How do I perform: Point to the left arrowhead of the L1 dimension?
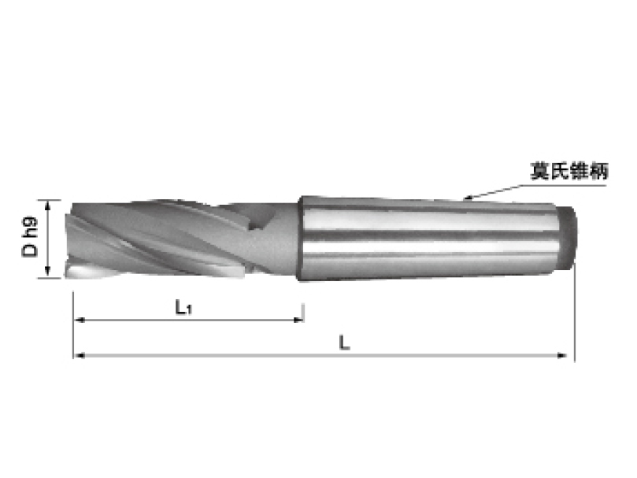[78, 320]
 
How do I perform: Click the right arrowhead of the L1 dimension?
[300, 320]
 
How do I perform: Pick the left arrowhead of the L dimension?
[78, 356]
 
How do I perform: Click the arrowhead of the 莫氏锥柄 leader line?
[468, 196]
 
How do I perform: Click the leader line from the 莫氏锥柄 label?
[504, 188]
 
